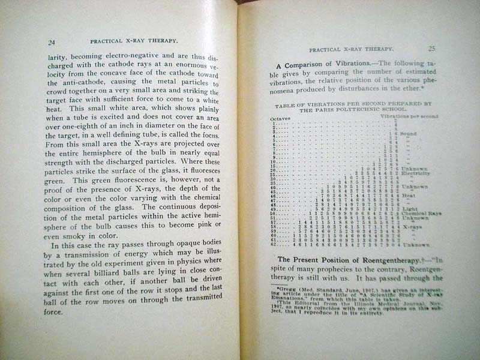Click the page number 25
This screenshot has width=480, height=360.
(x=432, y=49)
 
